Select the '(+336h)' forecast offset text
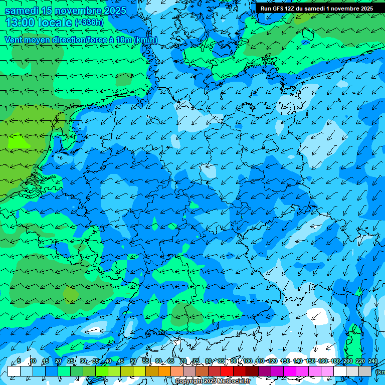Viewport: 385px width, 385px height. (x=89, y=23)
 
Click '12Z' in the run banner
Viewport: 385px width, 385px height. (x=291, y=9)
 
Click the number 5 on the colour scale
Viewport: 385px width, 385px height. (x=19, y=361)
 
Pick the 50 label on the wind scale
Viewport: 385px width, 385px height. (x=133, y=361)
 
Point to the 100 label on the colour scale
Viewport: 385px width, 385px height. (x=248, y=361)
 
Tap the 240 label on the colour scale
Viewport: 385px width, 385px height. (x=372, y=361)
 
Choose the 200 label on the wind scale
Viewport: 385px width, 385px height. (x=347, y=361)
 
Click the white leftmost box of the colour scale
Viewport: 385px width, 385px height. (x=14, y=371)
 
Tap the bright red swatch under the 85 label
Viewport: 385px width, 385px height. (x=227, y=371)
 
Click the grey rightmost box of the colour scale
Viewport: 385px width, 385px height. (x=365, y=371)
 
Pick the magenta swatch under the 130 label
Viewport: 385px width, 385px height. (x=290, y=371)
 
